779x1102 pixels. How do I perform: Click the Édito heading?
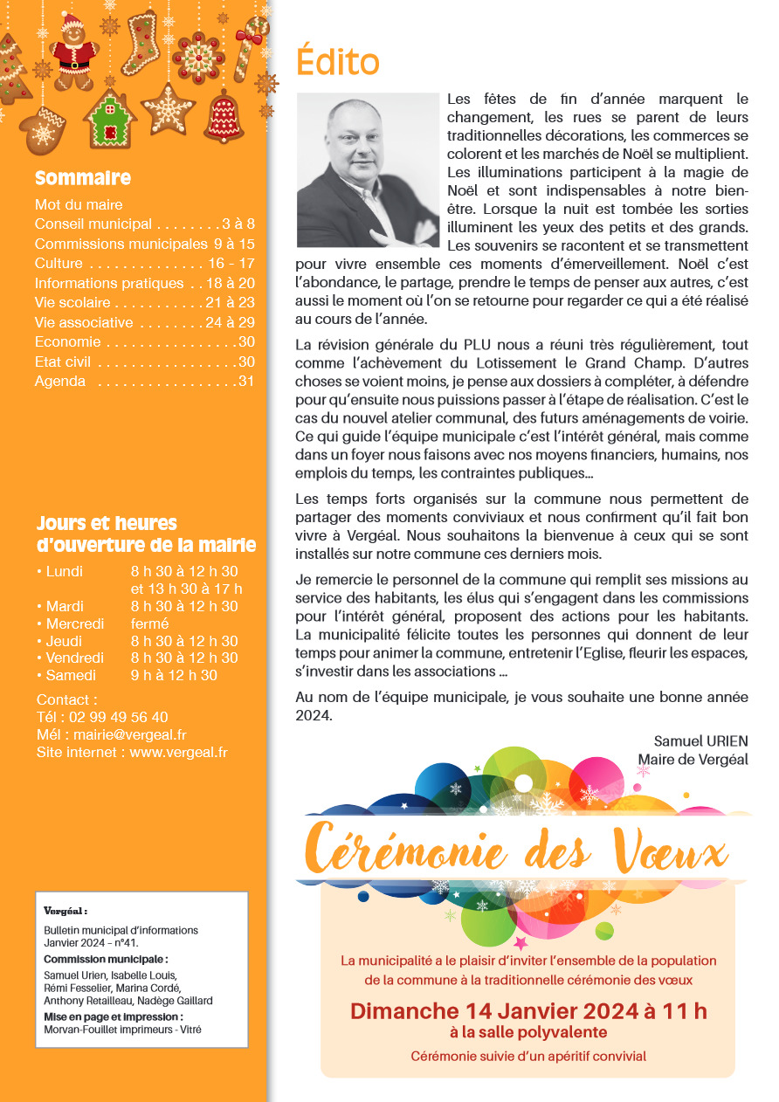point(338,63)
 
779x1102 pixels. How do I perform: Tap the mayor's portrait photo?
point(368,169)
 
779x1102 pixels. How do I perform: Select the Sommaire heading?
point(83,179)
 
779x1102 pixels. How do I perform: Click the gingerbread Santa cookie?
point(74,52)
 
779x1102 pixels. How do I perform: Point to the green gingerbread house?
point(110,121)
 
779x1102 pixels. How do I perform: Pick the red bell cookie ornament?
point(223,116)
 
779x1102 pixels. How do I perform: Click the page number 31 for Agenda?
point(246,381)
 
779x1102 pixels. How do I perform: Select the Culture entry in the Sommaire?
point(59,263)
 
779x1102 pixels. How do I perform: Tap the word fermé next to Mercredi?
point(149,623)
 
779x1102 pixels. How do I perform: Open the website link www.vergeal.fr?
point(178,753)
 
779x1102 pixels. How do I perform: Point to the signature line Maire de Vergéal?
point(693,760)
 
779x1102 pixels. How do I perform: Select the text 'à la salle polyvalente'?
point(528,1033)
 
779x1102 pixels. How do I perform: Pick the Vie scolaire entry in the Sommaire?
point(72,302)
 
